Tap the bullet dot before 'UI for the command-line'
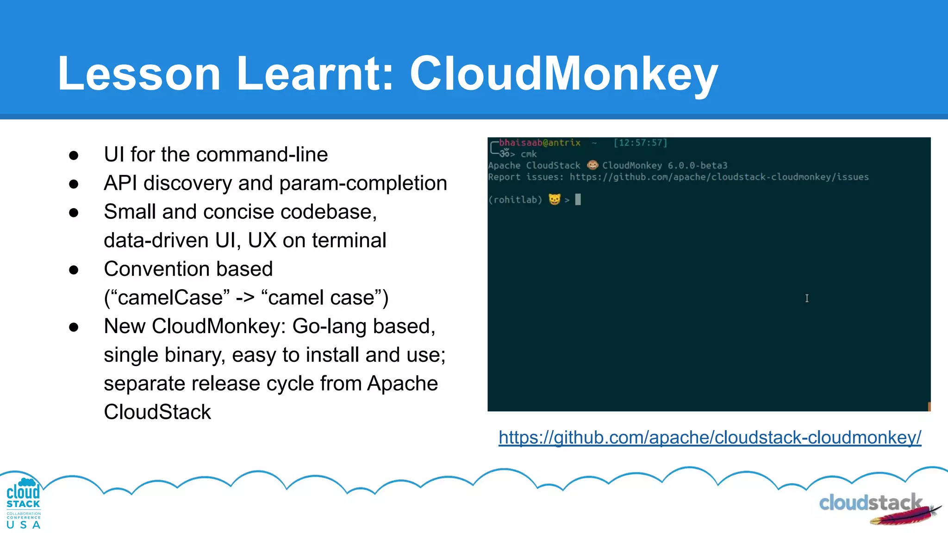coord(74,155)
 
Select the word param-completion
coord(363,184)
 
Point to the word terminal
coord(349,241)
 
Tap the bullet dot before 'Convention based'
coord(74,270)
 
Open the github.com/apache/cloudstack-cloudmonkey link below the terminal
coord(710,438)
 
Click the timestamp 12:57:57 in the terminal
coord(640,143)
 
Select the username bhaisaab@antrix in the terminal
coord(539,143)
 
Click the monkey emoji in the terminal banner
coord(592,165)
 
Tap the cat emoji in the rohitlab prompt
coord(554,199)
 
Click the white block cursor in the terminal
coord(578,199)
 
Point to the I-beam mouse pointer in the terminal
coord(807,298)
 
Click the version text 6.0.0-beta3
coord(697,166)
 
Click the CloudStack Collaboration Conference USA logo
coord(23,503)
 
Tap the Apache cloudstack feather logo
coord(879,508)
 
